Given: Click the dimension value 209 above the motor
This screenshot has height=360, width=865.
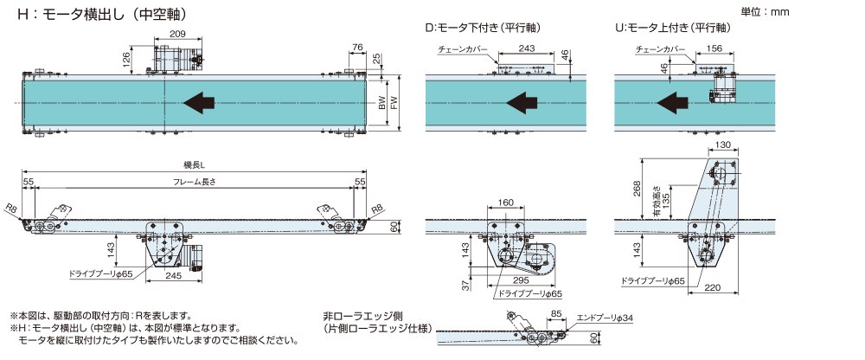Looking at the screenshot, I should (176, 34).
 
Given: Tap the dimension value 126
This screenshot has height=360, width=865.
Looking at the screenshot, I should (126, 59).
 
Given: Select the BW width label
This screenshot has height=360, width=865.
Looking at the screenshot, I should (381, 103).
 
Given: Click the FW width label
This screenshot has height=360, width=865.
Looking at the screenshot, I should (394, 103).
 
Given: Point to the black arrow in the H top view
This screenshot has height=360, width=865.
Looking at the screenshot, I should (200, 103).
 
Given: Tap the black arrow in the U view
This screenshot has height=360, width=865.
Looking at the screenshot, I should (672, 104).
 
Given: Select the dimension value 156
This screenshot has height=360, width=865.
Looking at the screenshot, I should (714, 48).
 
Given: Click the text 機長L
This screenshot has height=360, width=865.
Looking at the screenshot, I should (194, 164).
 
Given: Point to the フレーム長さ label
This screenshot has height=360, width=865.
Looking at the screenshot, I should (194, 182).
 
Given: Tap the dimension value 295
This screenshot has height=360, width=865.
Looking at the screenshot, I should (521, 281).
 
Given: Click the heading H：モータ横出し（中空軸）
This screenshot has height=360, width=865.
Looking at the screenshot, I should (104, 16).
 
